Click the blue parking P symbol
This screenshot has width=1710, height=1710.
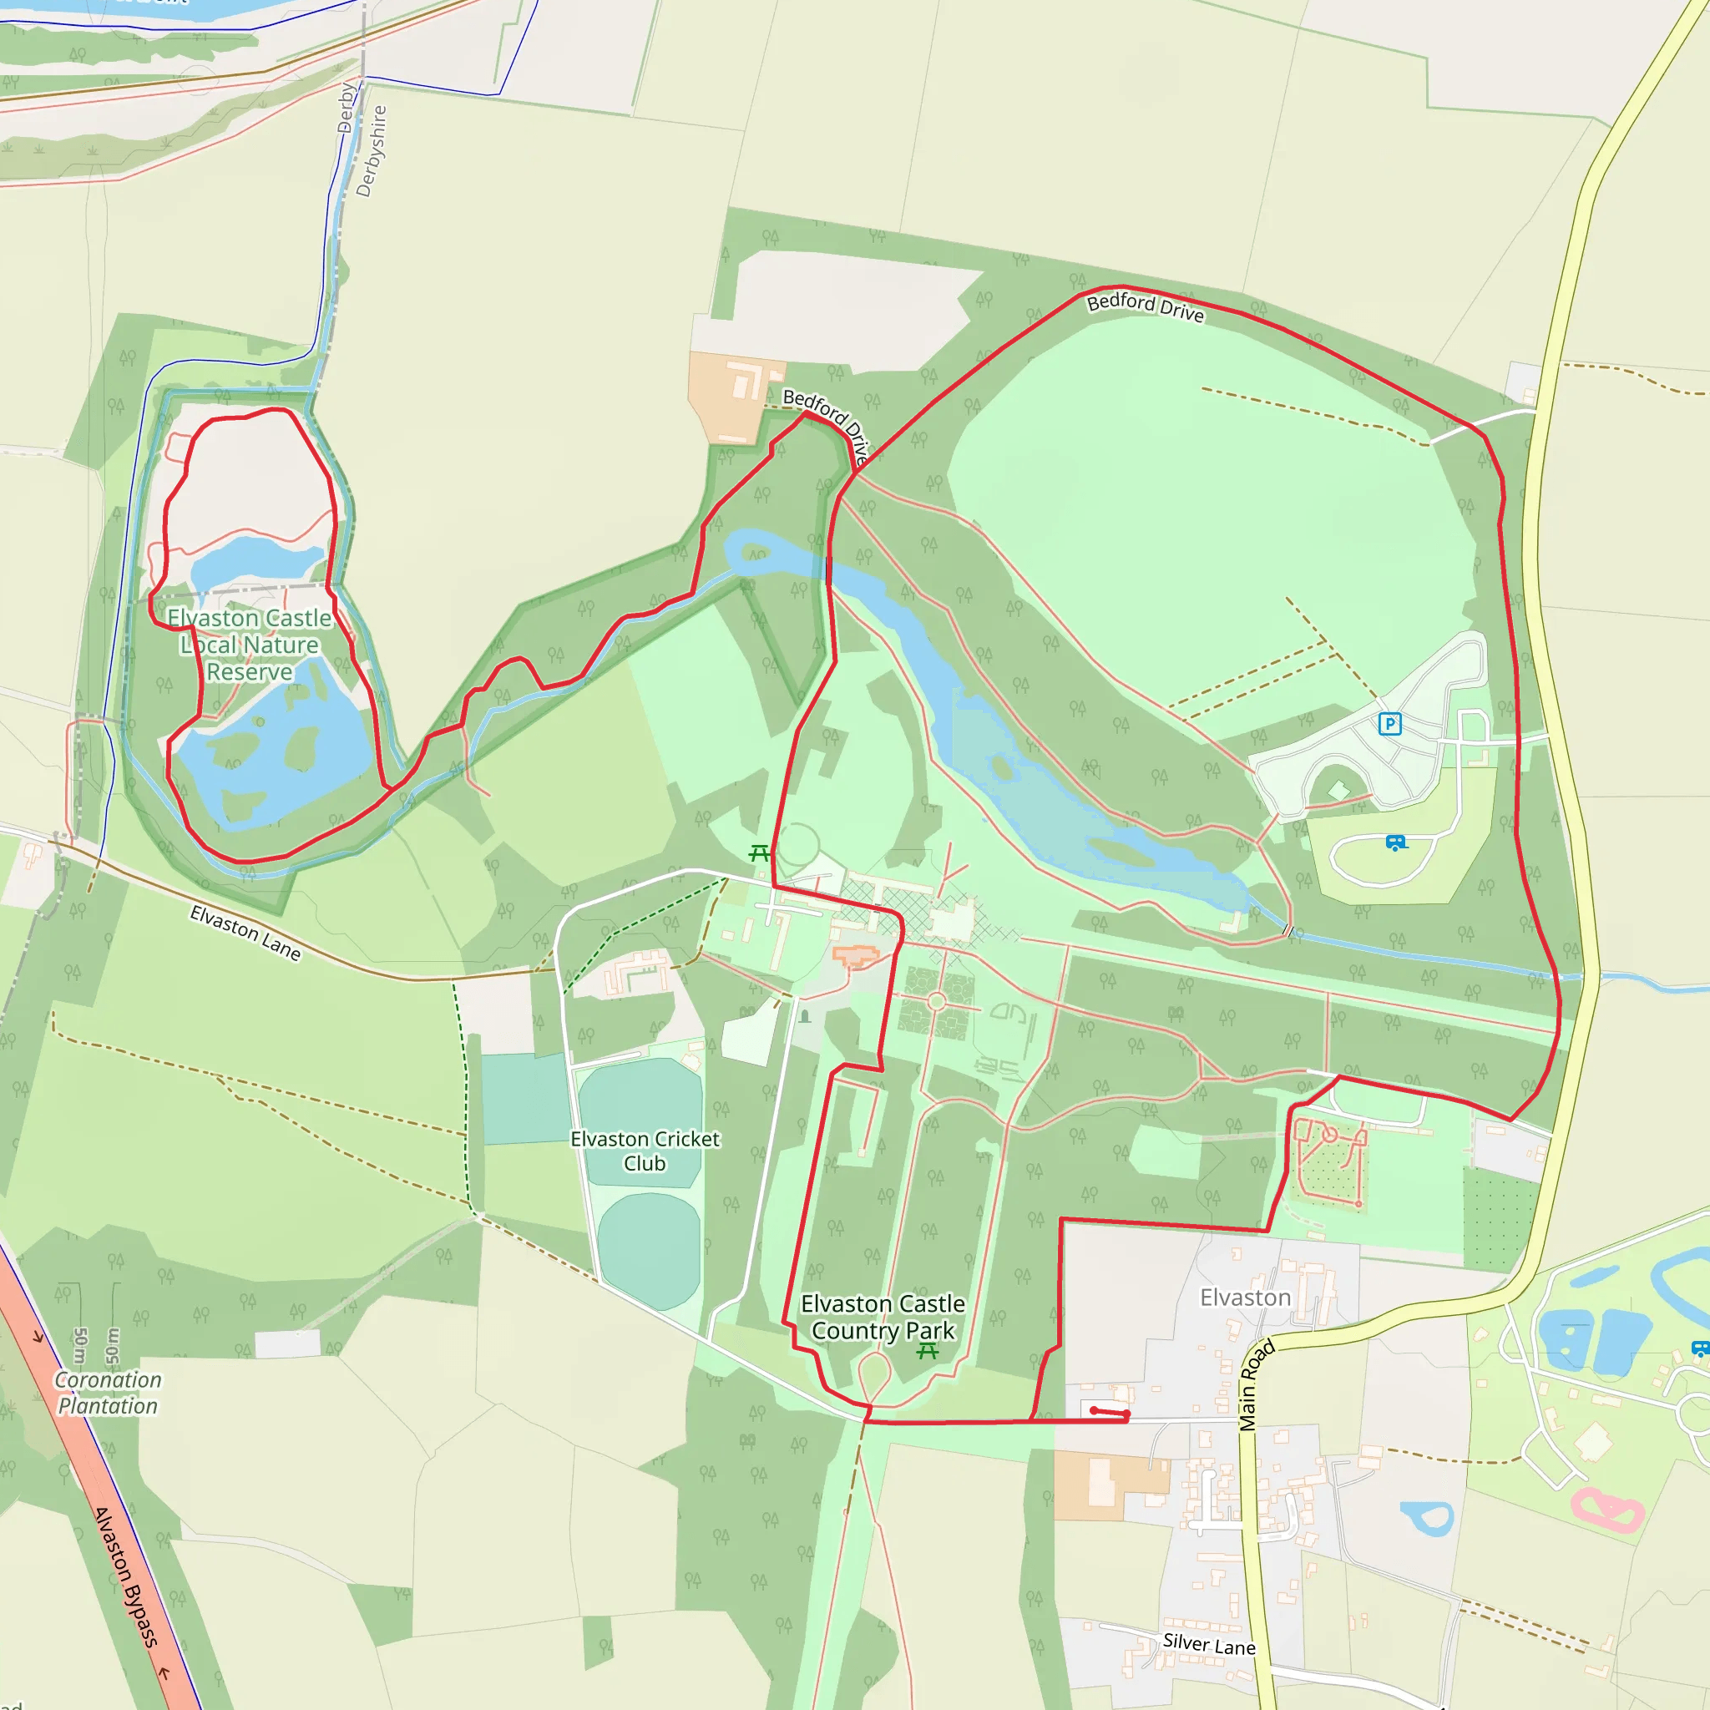click(1389, 724)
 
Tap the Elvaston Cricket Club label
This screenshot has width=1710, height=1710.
click(645, 1151)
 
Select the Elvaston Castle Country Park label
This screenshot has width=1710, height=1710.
click(883, 1317)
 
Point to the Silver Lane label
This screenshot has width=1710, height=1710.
click(1209, 1645)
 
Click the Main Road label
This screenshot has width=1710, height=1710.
click(1256, 1385)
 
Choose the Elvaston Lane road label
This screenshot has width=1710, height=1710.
click(245, 933)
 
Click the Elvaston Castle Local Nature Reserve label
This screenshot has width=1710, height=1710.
click(250, 645)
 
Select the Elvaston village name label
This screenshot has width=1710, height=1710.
click(1245, 1298)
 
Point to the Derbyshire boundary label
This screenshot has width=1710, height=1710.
click(372, 150)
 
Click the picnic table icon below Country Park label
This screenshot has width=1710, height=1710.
click(928, 1352)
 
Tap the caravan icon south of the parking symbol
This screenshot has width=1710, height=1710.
click(1396, 842)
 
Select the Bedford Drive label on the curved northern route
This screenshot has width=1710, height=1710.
click(1146, 307)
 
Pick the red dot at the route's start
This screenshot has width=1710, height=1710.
click(1094, 1410)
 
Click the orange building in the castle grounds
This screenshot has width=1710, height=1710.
click(854, 956)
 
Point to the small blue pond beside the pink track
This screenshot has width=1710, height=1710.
click(1429, 1517)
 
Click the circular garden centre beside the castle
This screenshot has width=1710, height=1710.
click(937, 1003)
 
